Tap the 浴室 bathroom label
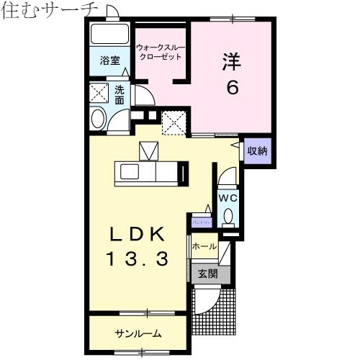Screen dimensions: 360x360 pos(109,60)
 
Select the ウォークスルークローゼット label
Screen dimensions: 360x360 pos(161,53)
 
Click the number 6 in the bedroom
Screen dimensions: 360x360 pos(232,88)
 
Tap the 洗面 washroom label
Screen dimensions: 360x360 pos(120,95)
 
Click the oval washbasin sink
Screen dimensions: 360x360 pos(99,119)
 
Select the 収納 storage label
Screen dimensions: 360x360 pos(257,151)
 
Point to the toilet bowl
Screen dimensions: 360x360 pos(228,215)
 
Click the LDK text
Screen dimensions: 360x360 pos(138,235)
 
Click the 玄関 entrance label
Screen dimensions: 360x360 pos(208,274)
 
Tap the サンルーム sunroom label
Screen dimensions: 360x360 pos(138,333)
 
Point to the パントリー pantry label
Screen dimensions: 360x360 pos(202,222)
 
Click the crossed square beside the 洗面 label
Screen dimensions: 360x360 pos(99,92)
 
